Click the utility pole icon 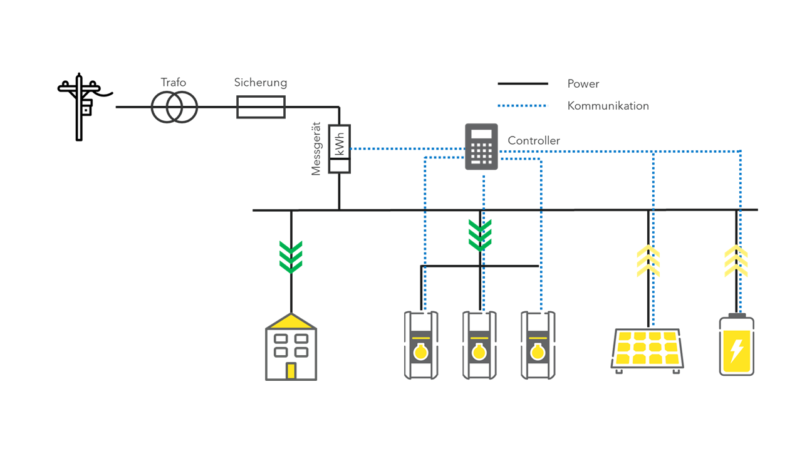pyautogui.click(x=80, y=106)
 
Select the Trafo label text pyautogui.click(x=173, y=83)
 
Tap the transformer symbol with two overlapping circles pyautogui.click(x=174, y=107)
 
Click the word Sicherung pyautogui.click(x=261, y=83)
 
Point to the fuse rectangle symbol pyautogui.click(x=261, y=107)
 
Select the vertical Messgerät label pyautogui.click(x=316, y=148)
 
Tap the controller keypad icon pyautogui.click(x=481, y=147)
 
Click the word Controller pyautogui.click(x=534, y=141)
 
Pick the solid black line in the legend pyautogui.click(x=523, y=84)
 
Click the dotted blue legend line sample pyautogui.click(x=523, y=106)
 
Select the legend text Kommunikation pyautogui.click(x=608, y=106)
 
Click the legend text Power pyautogui.click(x=583, y=84)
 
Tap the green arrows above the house pyautogui.click(x=291, y=257)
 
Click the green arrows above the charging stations pyautogui.click(x=480, y=236)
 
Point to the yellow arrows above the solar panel pyautogui.click(x=648, y=262)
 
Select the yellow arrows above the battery pyautogui.click(x=736, y=262)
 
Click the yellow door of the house pyautogui.click(x=291, y=371)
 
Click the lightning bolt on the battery pyautogui.click(x=737, y=351)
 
